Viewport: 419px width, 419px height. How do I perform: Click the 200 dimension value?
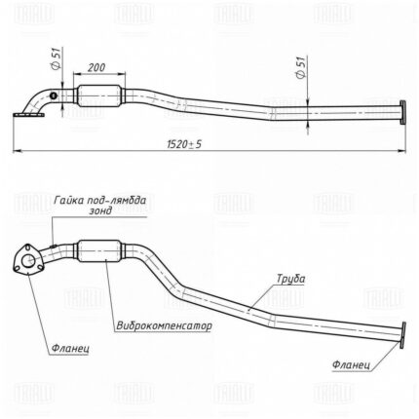[x=96, y=67]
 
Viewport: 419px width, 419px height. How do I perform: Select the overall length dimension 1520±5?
[x=184, y=144]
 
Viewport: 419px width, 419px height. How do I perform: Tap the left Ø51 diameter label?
[x=56, y=57]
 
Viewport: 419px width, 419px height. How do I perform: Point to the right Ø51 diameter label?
[x=301, y=67]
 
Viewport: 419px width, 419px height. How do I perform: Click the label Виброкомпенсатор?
[x=164, y=325]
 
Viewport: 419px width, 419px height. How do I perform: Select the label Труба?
[x=290, y=279]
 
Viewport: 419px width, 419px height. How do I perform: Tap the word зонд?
[x=100, y=210]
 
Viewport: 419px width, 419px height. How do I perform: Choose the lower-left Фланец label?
[x=70, y=349]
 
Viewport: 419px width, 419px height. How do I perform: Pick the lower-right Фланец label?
[x=351, y=364]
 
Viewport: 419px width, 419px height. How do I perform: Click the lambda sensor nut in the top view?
[x=53, y=95]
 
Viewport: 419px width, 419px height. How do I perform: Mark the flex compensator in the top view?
[x=99, y=95]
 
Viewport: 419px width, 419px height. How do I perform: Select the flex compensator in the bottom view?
[x=100, y=250]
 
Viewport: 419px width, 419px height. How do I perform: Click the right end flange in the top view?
[x=402, y=112]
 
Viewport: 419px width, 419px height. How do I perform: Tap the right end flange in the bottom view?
[x=403, y=334]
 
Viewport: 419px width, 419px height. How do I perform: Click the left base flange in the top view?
[x=28, y=114]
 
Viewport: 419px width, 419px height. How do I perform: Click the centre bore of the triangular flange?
[x=28, y=260]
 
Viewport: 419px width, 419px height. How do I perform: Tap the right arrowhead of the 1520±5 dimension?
[x=402, y=151]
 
